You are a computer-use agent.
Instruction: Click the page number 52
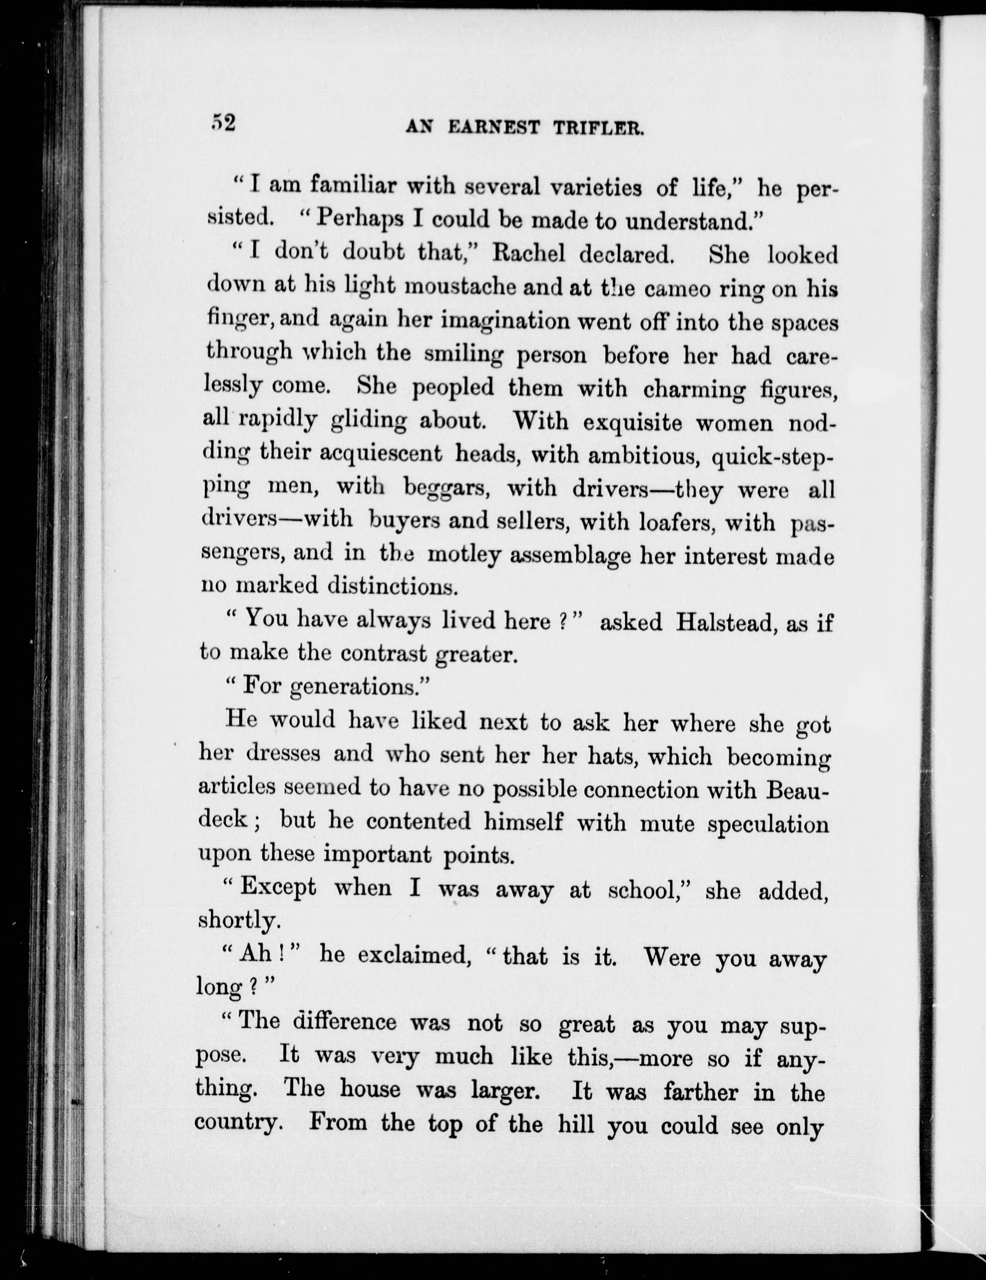coord(223,123)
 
